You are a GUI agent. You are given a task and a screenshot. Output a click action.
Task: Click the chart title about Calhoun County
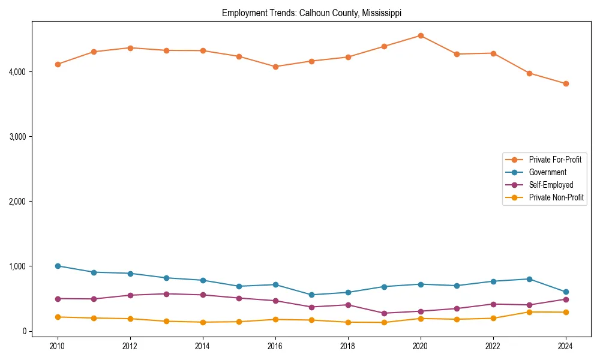click(x=311, y=13)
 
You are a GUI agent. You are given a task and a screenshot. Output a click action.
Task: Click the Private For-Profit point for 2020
click(x=421, y=35)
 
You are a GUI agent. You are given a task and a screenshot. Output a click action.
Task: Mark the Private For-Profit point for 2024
click(x=566, y=83)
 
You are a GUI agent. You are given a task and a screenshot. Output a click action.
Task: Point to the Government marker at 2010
click(x=58, y=266)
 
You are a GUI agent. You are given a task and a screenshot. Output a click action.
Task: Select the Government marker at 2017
click(x=311, y=295)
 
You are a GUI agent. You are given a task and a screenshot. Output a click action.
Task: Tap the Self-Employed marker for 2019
click(x=384, y=313)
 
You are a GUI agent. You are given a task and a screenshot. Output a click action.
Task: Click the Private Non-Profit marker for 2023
click(x=529, y=312)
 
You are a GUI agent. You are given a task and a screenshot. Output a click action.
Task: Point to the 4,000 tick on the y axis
click(x=20, y=72)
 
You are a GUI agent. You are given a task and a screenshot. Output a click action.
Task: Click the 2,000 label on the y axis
click(x=20, y=202)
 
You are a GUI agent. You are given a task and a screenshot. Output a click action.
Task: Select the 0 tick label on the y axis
click(x=25, y=331)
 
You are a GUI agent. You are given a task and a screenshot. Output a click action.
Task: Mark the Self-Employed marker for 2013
click(x=166, y=294)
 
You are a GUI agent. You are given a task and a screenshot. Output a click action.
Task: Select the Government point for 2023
click(x=529, y=279)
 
